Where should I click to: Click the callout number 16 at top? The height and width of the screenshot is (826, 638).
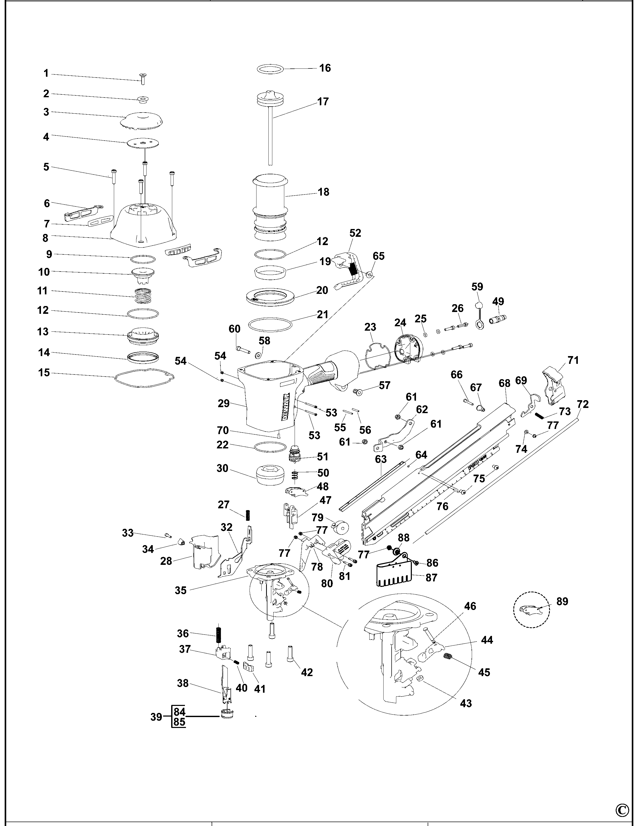coord(325,68)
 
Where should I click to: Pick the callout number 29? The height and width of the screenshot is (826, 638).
coord(224,404)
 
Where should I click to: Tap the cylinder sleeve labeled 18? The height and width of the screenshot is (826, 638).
coord(270,206)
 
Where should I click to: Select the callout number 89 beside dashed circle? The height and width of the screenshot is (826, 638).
coord(562,601)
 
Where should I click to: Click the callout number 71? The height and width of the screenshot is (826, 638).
coord(573,360)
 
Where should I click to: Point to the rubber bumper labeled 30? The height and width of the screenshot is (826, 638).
coord(270,475)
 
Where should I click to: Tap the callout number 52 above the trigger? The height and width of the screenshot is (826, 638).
coord(355,233)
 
